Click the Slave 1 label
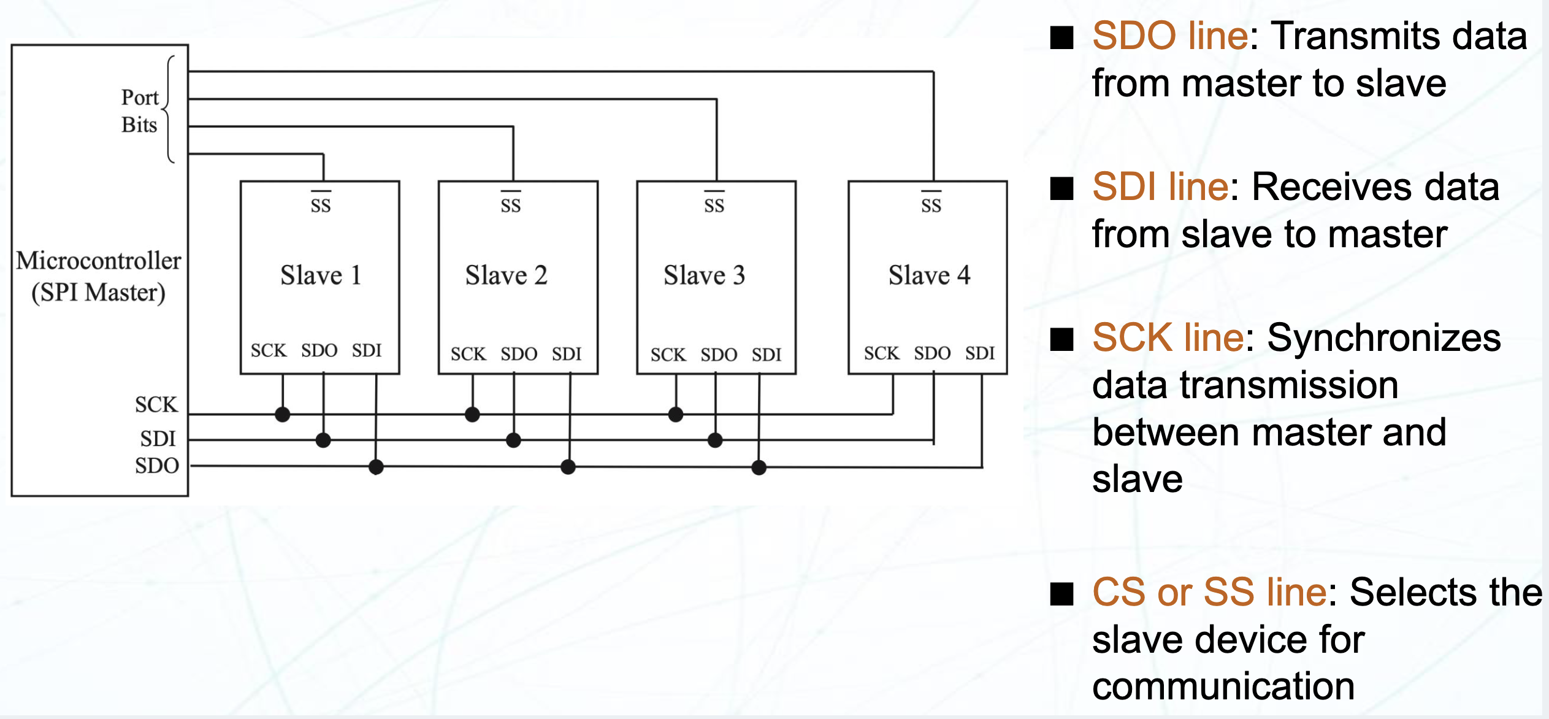[x=321, y=275]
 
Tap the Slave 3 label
[x=704, y=275]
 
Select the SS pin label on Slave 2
[x=510, y=205]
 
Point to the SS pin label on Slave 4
[x=931, y=205]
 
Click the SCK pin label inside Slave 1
[x=269, y=351]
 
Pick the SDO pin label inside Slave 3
[x=719, y=355]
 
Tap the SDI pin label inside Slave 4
[x=980, y=353]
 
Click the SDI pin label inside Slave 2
[x=567, y=354]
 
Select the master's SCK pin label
[x=156, y=405]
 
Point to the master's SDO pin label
[x=157, y=466]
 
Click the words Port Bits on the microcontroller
[x=140, y=111]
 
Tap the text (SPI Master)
[x=98, y=293]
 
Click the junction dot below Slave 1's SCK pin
[x=282, y=415]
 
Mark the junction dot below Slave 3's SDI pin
[x=759, y=467]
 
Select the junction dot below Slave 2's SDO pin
[x=513, y=440]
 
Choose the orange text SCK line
[x=1168, y=337]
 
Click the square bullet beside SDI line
[x=1061, y=188]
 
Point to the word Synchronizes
[x=1383, y=337]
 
